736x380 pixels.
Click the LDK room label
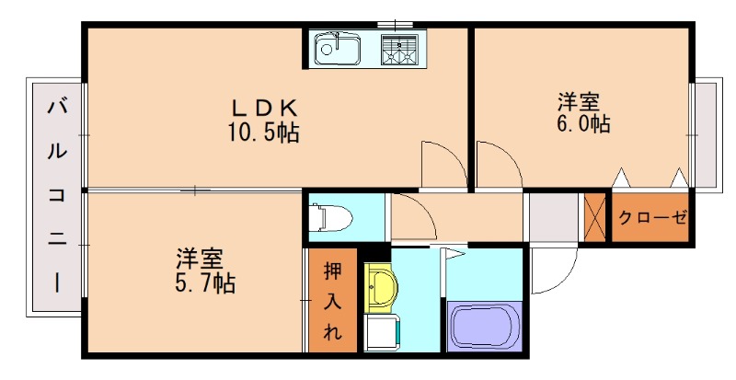[262, 103]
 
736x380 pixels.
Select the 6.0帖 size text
[581, 123]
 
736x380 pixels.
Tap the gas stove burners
[401, 47]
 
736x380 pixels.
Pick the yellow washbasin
[378, 287]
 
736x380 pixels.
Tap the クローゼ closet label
[651, 219]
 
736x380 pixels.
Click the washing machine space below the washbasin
[381, 330]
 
